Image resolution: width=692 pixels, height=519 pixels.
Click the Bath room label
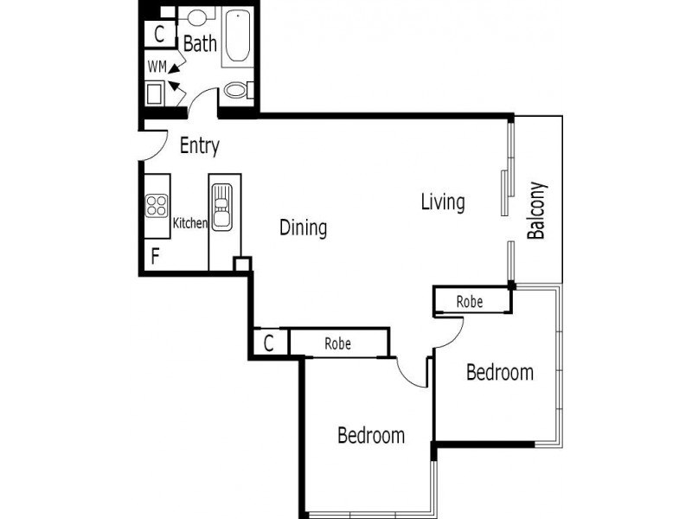click(200, 43)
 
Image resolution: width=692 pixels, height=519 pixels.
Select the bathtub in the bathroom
click(236, 37)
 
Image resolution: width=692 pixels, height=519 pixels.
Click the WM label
click(157, 66)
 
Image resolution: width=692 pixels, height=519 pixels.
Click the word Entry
click(199, 146)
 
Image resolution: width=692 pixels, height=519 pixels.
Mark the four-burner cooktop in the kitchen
click(157, 206)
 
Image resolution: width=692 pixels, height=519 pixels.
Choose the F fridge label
click(156, 256)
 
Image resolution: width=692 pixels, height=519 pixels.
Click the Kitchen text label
click(190, 223)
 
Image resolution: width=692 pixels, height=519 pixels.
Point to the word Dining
click(303, 228)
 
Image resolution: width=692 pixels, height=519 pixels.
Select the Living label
click(443, 202)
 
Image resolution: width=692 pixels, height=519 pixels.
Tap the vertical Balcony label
click(537, 210)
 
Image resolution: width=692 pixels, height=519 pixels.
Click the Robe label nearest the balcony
click(470, 302)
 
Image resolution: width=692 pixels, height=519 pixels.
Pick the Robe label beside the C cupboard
click(337, 343)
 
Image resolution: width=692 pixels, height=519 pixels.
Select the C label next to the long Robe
click(269, 343)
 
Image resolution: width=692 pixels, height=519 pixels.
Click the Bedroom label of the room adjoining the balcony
click(499, 373)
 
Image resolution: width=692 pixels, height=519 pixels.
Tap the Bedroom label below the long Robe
click(370, 435)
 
